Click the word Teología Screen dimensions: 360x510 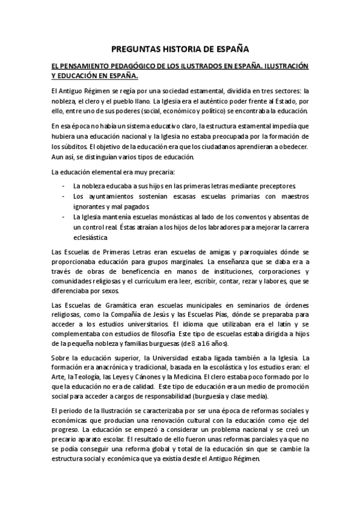(x=83, y=379)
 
